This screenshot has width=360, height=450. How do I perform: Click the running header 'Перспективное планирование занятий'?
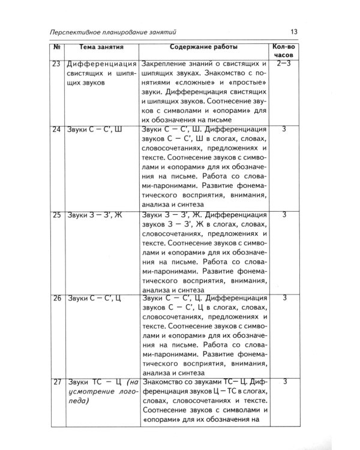click(109, 32)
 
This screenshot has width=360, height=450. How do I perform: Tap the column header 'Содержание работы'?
click(203, 47)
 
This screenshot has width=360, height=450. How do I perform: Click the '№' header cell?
click(55, 47)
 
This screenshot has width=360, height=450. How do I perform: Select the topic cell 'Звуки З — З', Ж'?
click(94, 214)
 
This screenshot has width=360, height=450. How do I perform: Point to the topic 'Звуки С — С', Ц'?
click(94, 298)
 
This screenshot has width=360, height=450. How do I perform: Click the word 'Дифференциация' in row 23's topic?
click(102, 63)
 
